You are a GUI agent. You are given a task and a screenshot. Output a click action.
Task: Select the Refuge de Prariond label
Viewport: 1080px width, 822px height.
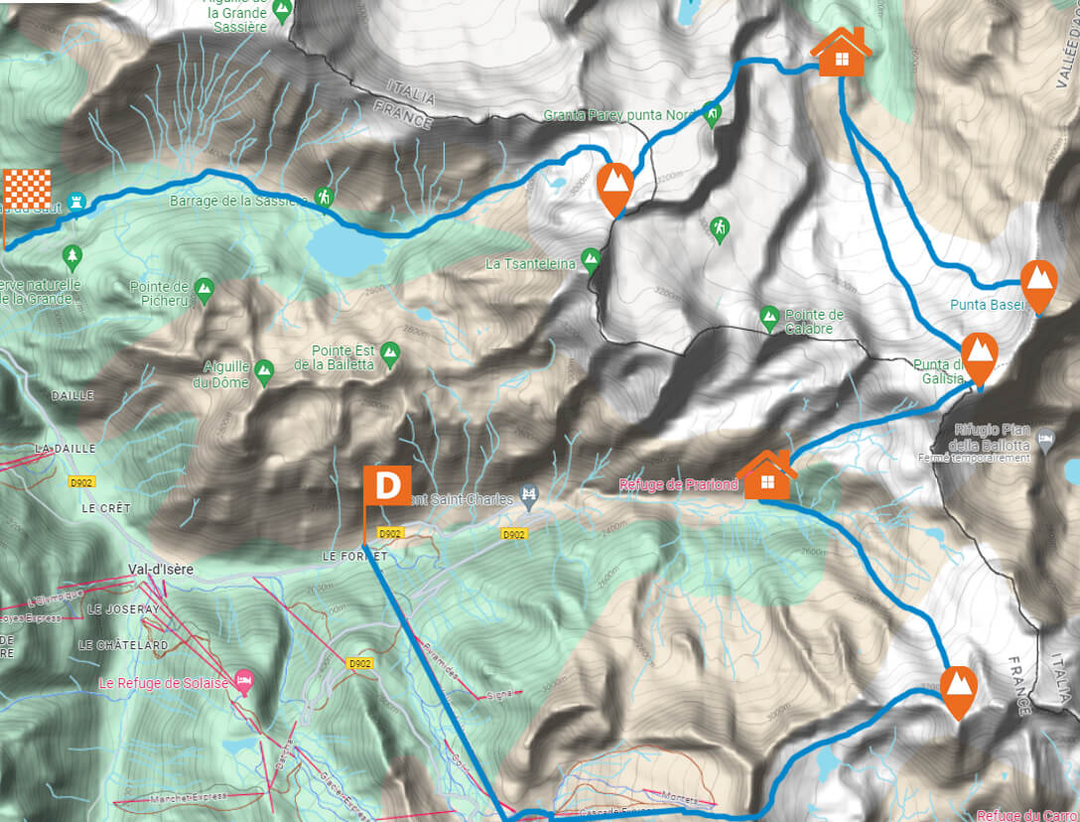point(679,485)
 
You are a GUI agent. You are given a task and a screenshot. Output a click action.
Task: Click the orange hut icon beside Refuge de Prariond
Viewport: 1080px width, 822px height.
point(766,476)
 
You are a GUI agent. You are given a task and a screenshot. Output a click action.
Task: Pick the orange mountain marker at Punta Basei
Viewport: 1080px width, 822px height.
point(1038,284)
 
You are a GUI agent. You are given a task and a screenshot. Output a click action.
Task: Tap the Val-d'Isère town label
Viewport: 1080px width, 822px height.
point(146,570)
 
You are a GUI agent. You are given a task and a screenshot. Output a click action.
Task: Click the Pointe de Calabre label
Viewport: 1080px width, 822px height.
point(815,321)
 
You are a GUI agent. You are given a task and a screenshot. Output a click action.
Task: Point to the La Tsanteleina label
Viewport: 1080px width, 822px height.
point(532,264)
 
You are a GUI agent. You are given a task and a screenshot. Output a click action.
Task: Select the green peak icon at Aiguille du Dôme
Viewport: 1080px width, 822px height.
point(264,370)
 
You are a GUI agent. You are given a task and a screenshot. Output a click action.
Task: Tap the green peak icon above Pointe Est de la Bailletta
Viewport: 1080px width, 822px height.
point(390,350)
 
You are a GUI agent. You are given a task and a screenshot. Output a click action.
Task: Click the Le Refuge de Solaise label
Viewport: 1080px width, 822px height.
point(164,683)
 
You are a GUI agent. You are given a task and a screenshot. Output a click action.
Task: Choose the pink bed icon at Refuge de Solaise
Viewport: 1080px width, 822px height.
point(245,681)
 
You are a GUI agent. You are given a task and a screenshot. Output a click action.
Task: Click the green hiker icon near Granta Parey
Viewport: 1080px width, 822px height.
point(712,114)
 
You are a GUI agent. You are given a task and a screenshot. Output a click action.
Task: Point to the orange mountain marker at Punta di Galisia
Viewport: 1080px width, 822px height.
point(979,356)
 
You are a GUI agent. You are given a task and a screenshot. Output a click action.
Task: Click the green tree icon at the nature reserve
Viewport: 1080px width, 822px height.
point(71,258)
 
